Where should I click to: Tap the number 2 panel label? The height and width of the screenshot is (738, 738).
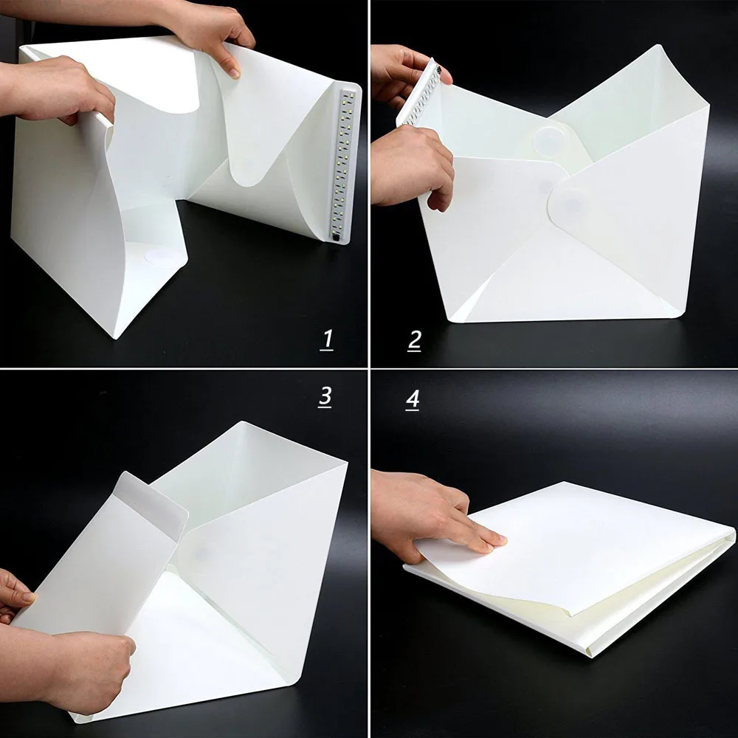(x=414, y=339)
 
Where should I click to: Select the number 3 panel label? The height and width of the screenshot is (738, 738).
(x=325, y=396)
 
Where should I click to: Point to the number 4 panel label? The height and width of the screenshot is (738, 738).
(x=413, y=399)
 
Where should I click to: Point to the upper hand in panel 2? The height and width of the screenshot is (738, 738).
(x=402, y=74)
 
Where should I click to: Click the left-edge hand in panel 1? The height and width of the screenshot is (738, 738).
(x=59, y=89)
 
